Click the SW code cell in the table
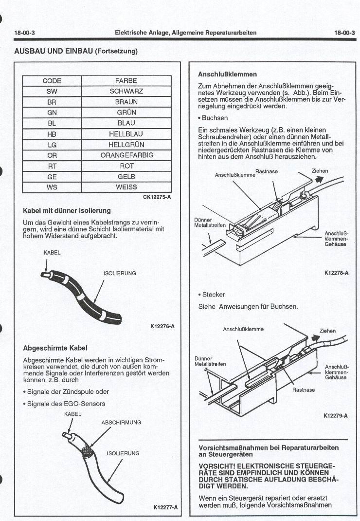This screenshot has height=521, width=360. click(52, 92)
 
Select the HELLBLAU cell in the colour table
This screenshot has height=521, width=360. click(126, 134)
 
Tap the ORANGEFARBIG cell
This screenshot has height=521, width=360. click(126, 155)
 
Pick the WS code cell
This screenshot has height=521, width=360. click(52, 187)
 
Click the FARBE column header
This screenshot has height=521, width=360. click(126, 81)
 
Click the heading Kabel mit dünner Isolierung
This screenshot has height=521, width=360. click(67, 211)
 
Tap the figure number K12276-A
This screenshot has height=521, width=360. click(161, 326)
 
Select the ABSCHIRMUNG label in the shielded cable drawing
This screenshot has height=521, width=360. click(121, 423)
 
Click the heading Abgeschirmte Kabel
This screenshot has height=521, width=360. click(55, 348)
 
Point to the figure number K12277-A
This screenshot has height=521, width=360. click(165, 507)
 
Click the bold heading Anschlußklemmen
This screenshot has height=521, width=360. click(227, 74)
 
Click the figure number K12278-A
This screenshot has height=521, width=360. click(336, 273)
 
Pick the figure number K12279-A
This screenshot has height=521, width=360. click(336, 416)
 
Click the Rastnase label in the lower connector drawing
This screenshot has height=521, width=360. click(304, 390)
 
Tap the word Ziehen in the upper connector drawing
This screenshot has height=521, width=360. click(320, 171)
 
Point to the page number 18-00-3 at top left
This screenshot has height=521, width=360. click(24, 33)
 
